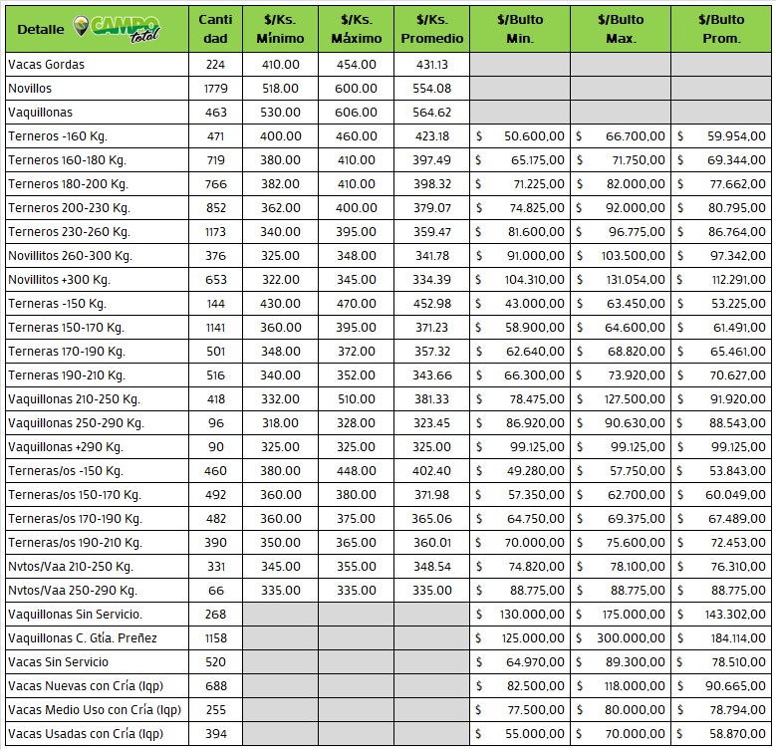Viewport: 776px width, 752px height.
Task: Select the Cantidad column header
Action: click(x=215, y=29)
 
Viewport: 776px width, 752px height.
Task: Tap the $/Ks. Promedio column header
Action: click(x=431, y=29)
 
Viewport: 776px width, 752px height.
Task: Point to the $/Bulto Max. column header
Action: click(x=621, y=29)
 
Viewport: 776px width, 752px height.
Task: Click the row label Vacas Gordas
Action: click(x=46, y=65)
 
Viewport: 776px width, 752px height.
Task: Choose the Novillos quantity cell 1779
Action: click(x=215, y=89)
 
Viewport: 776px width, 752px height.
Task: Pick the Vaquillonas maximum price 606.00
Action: click(x=356, y=113)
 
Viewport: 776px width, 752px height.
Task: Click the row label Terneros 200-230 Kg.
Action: click(x=69, y=208)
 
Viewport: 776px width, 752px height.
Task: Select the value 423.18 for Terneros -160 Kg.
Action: click(x=431, y=136)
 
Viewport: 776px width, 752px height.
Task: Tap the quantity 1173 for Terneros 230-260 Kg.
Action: click(x=215, y=232)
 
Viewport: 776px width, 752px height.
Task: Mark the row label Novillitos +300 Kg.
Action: click(x=59, y=280)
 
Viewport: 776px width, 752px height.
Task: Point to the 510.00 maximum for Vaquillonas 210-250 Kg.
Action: click(x=356, y=399)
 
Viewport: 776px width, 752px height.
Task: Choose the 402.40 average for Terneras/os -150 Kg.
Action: click(x=431, y=471)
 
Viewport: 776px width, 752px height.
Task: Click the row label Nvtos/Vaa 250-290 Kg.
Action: click(x=71, y=591)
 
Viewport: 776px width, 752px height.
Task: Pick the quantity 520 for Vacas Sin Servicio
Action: click(x=215, y=662)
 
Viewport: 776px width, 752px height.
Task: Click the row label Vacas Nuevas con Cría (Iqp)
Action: click(x=86, y=686)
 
